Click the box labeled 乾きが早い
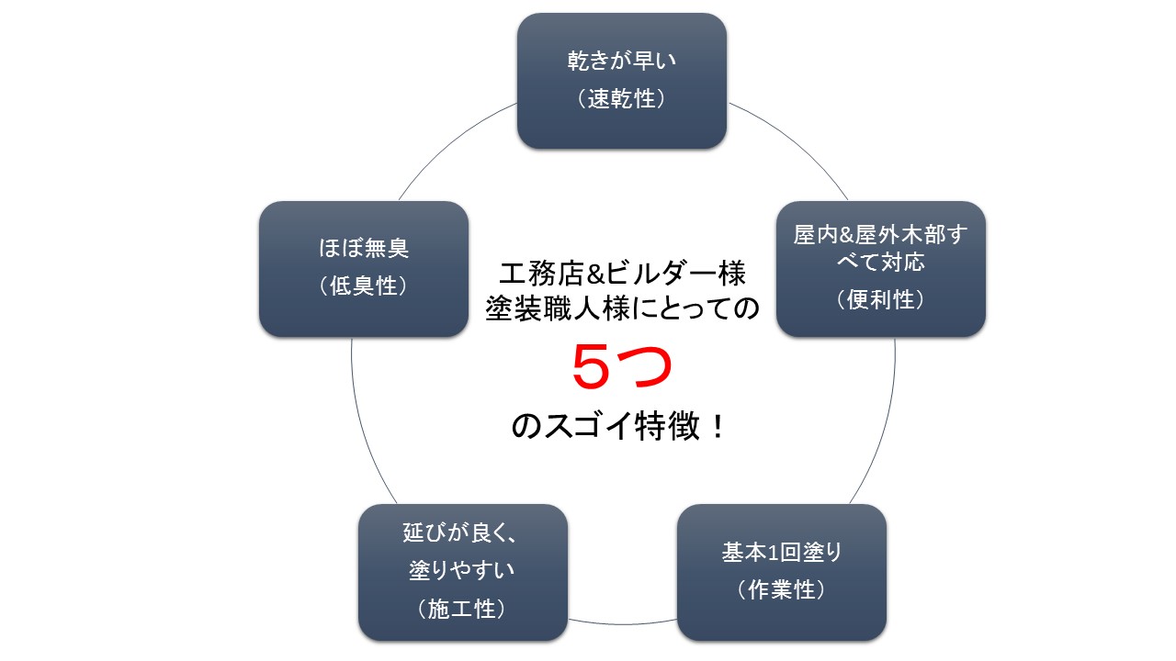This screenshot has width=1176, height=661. (622, 81)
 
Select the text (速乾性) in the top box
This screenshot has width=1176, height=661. (622, 98)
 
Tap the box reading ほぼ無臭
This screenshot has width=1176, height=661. (363, 269)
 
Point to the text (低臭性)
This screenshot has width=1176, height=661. (363, 286)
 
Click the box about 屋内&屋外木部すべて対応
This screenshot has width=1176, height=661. (881, 269)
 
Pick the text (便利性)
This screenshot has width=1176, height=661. (881, 299)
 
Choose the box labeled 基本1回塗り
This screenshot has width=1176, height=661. (782, 572)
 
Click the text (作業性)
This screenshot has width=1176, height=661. (782, 589)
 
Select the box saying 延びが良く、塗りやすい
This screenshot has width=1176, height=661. (462, 572)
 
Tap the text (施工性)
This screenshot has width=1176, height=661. (462, 609)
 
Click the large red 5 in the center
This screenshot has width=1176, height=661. (591, 366)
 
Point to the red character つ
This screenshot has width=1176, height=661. (645, 367)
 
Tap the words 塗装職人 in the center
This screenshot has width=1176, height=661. (558, 308)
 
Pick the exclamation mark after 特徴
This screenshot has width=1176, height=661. (718, 425)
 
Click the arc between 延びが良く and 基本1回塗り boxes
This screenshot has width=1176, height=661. (622, 624)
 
